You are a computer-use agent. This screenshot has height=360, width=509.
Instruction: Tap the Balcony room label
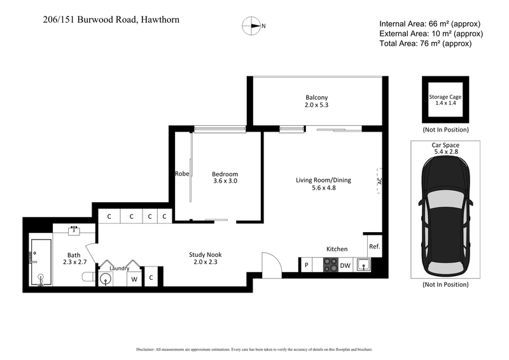(316, 97)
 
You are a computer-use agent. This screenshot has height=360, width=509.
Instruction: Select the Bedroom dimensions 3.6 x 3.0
(225, 181)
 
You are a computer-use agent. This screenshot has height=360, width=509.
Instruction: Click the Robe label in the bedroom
(183, 173)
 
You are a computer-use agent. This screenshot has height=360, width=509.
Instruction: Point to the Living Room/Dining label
(323, 180)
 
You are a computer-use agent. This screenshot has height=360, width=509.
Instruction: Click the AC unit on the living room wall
(378, 180)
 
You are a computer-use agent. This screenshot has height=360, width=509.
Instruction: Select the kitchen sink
(363, 265)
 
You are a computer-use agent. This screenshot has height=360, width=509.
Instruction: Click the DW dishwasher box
(345, 265)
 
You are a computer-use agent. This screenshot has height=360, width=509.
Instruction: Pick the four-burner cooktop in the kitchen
(331, 265)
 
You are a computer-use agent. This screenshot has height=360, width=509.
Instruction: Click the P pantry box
(306, 265)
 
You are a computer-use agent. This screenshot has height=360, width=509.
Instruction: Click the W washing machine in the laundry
(134, 279)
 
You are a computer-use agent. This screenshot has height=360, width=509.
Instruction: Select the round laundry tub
(106, 279)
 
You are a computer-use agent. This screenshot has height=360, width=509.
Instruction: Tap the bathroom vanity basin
(74, 229)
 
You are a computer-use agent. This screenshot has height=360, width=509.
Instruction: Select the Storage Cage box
(445, 99)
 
